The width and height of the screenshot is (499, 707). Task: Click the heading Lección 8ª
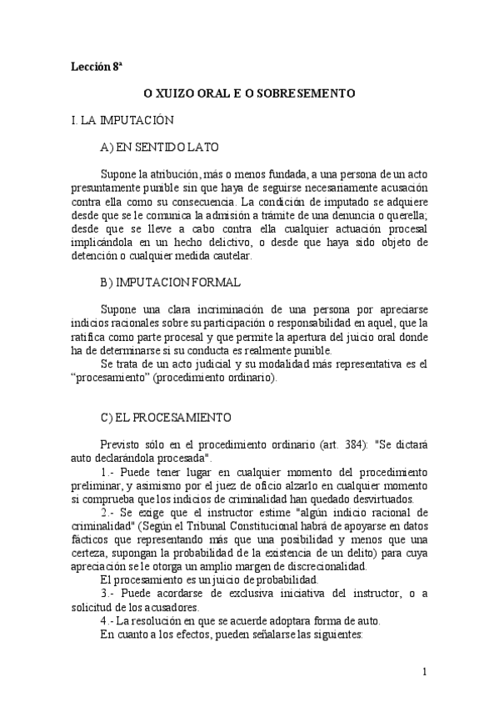click(97, 68)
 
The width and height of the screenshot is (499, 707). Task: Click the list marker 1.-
click(107, 470)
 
